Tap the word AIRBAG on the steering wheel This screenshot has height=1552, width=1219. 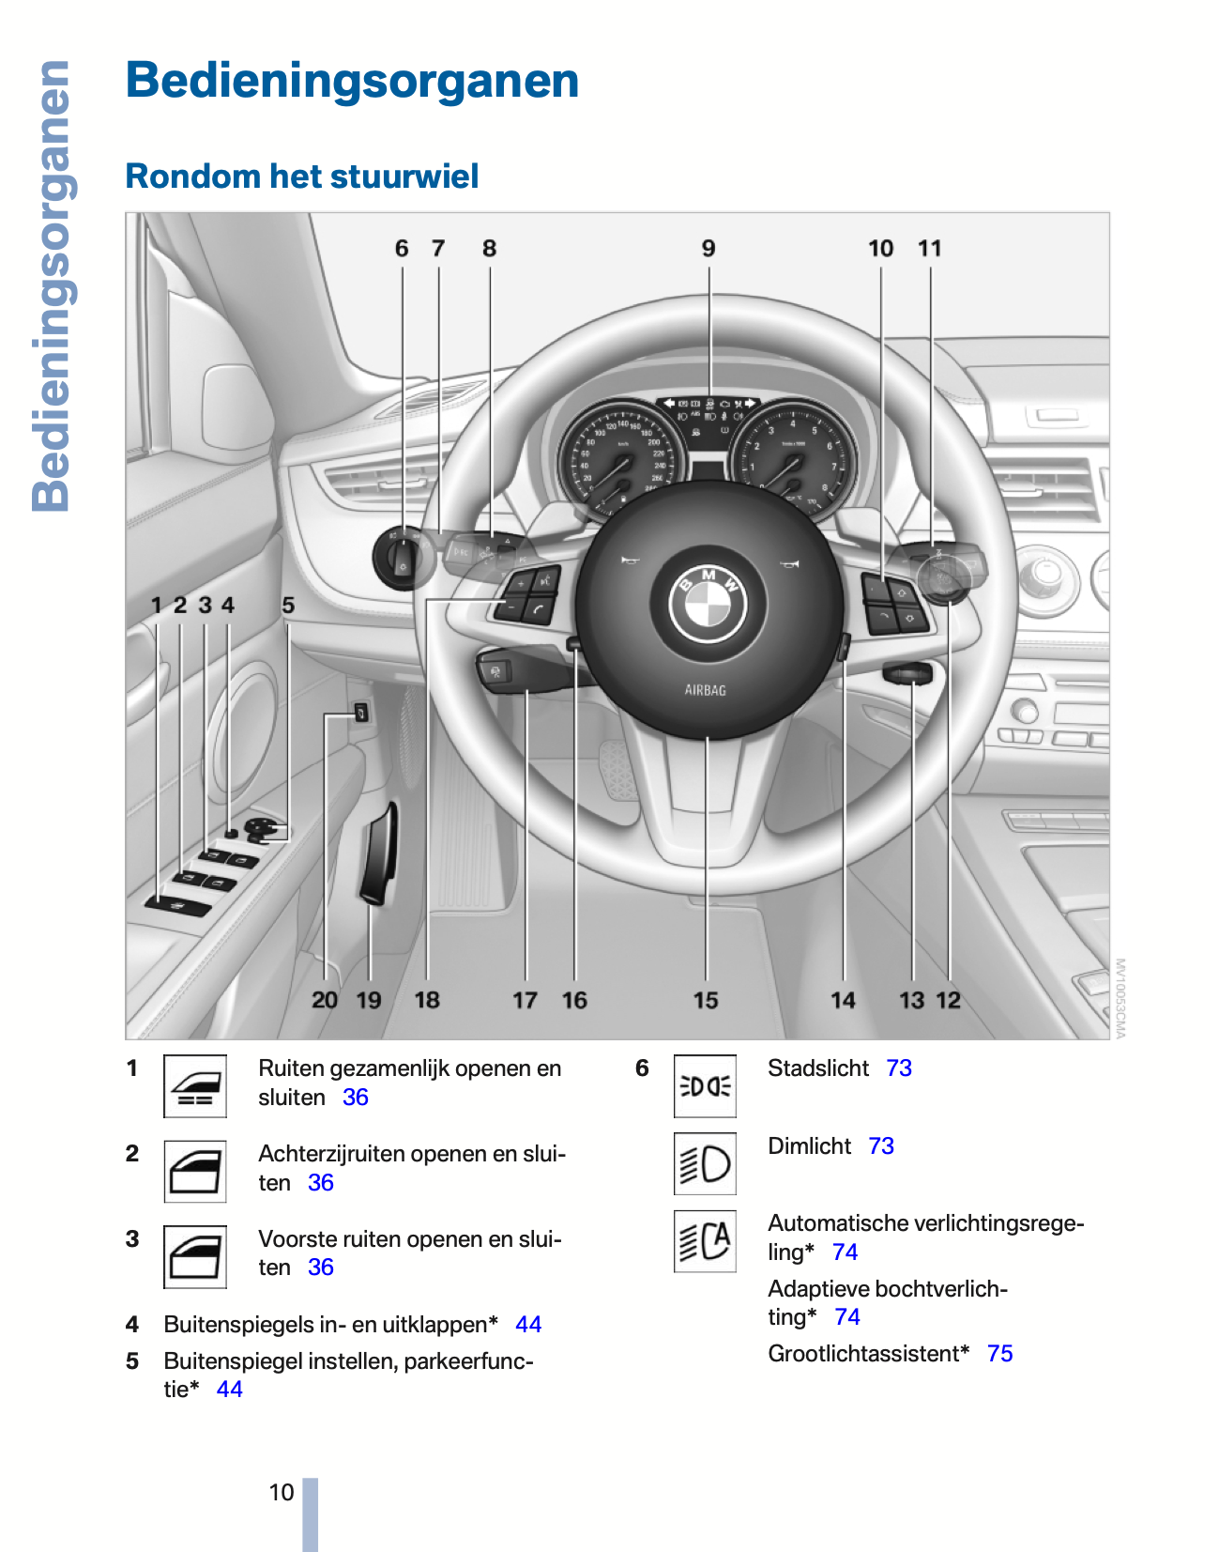705,690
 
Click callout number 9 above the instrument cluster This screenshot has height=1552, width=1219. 709,249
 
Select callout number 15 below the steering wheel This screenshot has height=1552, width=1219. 706,1001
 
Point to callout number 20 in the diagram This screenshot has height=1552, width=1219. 325,1001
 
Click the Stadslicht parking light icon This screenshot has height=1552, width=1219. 705,1086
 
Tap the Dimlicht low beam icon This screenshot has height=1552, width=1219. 705,1164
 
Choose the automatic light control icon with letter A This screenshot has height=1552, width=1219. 705,1241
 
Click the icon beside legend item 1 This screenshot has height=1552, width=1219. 195,1086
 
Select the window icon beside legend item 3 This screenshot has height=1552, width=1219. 195,1257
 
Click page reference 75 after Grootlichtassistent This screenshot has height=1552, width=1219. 999,1354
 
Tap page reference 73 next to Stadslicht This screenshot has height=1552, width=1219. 899,1068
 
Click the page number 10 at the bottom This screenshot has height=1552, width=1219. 282,1492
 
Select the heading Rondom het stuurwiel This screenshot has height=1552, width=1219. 302,177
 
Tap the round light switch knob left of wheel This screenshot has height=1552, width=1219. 403,558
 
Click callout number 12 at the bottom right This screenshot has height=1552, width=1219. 949,1001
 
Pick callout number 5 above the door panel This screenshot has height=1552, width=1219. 288,606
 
